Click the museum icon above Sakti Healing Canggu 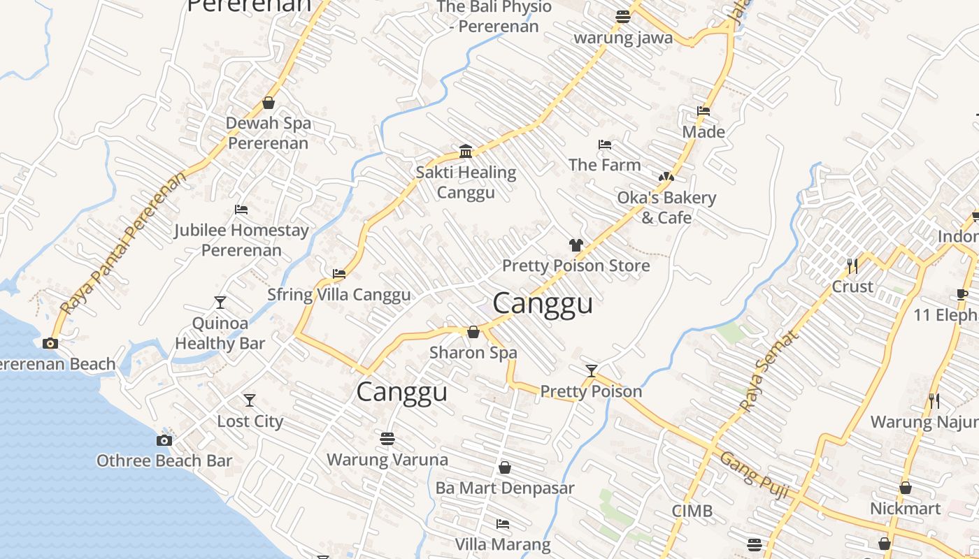pyautogui.click(x=466, y=151)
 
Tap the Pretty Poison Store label pyautogui.click(x=576, y=266)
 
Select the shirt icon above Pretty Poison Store pyautogui.click(x=576, y=245)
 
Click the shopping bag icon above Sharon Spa pyautogui.click(x=473, y=332)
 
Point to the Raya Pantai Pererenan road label pyautogui.click(x=124, y=242)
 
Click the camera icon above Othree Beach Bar pyautogui.click(x=164, y=440)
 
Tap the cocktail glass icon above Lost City pyautogui.click(x=250, y=400)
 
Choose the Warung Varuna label pyautogui.click(x=387, y=460)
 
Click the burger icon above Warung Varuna pyautogui.click(x=387, y=439)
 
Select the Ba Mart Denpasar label pyautogui.click(x=505, y=488)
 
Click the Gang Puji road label pyautogui.click(x=754, y=474)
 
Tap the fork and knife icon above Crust pyautogui.click(x=852, y=266)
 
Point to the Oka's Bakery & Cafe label pyautogui.click(x=666, y=208)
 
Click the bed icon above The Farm pyautogui.click(x=605, y=145)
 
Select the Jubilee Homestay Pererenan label pyautogui.click(x=241, y=240)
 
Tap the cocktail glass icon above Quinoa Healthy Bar pyautogui.click(x=220, y=303)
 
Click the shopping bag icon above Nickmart pyautogui.click(x=906, y=488)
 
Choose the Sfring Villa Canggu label pyautogui.click(x=339, y=294)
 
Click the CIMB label pyautogui.click(x=692, y=511)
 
